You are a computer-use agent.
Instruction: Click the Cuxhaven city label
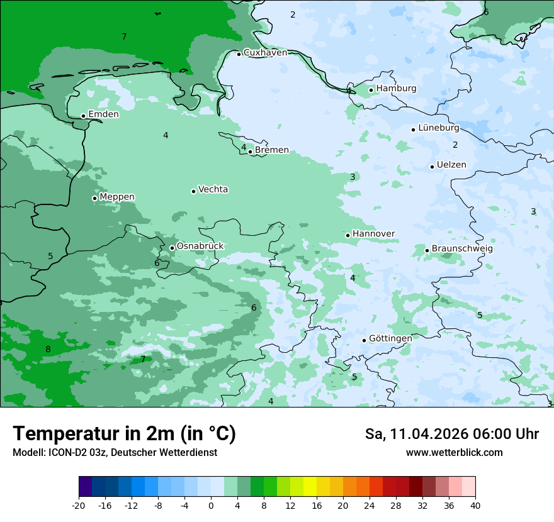[x=265, y=53]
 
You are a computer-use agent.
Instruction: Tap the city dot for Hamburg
[x=371, y=90]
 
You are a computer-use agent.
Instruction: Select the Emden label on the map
[x=103, y=114]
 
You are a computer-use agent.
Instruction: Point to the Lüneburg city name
[x=439, y=128]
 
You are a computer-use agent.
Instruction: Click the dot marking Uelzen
[x=432, y=167]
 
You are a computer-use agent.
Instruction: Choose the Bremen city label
[x=272, y=150]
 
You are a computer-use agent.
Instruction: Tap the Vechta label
[x=213, y=189]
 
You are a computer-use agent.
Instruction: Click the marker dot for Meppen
[x=94, y=198]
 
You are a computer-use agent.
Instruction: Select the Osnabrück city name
[x=200, y=246]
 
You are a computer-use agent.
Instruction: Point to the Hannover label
[x=374, y=234]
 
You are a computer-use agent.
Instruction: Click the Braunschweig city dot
[x=427, y=250]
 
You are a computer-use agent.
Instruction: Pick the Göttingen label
[x=390, y=338]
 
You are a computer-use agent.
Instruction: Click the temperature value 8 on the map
[x=48, y=349]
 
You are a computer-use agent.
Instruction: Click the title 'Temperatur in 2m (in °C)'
[x=125, y=434]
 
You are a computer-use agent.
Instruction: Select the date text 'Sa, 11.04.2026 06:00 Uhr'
[x=451, y=434]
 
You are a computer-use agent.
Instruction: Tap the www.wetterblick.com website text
[x=454, y=453]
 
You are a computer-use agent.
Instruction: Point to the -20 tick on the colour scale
[x=79, y=506]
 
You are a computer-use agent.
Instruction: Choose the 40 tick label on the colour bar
[x=475, y=506]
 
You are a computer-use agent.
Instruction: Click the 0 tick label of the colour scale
[x=211, y=506]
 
